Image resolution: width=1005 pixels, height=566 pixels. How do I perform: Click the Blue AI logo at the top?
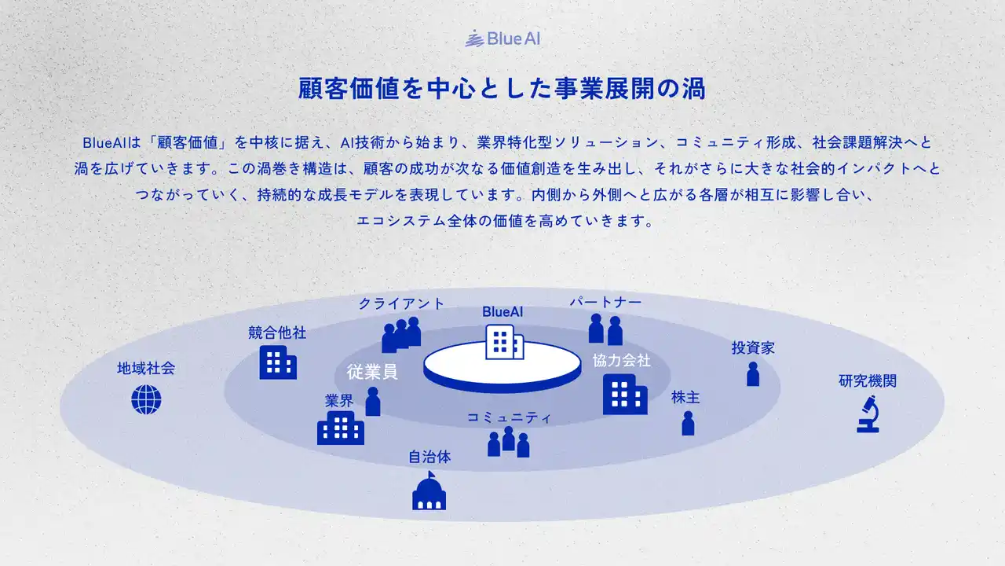(502, 39)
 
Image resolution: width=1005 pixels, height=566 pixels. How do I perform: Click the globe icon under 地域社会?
(146, 399)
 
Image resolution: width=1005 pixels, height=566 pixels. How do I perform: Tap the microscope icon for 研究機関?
(868, 414)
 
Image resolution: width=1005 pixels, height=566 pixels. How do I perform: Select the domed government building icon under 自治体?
(429, 491)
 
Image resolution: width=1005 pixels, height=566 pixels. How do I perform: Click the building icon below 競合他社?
(278, 362)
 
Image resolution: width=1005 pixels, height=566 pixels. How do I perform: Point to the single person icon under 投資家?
(753, 373)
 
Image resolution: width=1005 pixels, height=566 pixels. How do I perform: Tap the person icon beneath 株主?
(689, 423)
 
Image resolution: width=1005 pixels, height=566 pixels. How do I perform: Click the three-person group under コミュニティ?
(508, 442)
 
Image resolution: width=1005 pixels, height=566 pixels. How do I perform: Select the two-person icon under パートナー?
(605, 329)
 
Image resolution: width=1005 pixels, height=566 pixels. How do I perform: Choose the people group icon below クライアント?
(401, 335)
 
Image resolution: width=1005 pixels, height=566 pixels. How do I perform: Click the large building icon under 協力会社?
(625, 395)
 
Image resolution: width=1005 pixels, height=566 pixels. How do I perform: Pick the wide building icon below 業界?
(341, 428)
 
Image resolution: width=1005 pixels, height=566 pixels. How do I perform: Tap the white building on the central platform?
(504, 342)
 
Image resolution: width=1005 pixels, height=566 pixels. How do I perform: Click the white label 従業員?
(372, 372)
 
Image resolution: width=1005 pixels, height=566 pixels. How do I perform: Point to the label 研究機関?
(868, 381)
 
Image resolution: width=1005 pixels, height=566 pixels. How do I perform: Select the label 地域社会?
(146, 369)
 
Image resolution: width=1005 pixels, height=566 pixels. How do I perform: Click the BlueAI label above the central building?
(502, 312)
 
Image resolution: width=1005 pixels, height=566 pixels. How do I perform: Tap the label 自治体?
(429, 457)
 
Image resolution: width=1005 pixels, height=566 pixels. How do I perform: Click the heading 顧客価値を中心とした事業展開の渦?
(502, 88)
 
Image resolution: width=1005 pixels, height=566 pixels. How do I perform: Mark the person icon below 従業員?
(373, 402)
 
